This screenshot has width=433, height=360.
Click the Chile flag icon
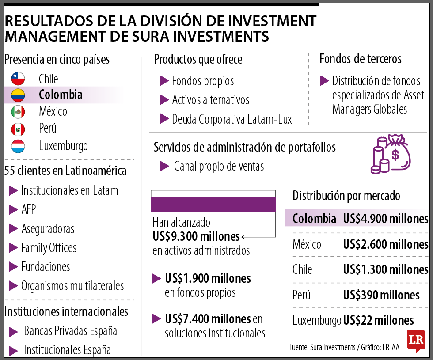pos(18,79)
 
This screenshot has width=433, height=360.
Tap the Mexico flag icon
pos(18,111)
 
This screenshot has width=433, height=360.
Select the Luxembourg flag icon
pos(18,146)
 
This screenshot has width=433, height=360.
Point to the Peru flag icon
pos(18,129)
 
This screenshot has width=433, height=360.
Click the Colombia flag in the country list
pos(18,95)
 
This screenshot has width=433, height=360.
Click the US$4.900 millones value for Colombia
pos(385,219)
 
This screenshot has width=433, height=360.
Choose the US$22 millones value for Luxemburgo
pos(378,320)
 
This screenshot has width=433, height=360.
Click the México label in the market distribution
pos(307,244)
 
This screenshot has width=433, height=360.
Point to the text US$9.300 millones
pos(196,236)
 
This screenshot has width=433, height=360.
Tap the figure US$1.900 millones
pos(208,278)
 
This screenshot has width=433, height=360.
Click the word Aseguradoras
pos(48,229)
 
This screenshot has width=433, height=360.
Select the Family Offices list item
pos(49,248)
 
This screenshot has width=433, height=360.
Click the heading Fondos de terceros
pos(361,59)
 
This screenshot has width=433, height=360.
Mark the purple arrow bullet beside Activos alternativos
pos(164,99)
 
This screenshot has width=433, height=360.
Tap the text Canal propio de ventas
pos(219,166)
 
